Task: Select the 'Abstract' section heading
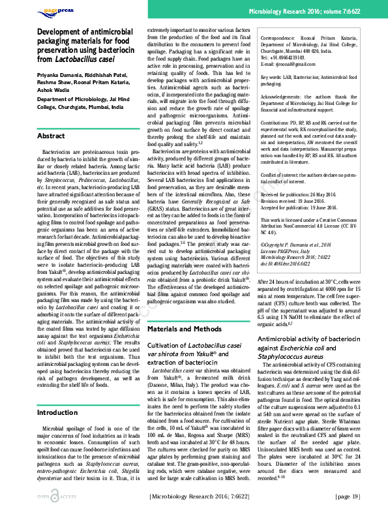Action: point(51,136)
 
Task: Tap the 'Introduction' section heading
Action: point(57,394)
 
